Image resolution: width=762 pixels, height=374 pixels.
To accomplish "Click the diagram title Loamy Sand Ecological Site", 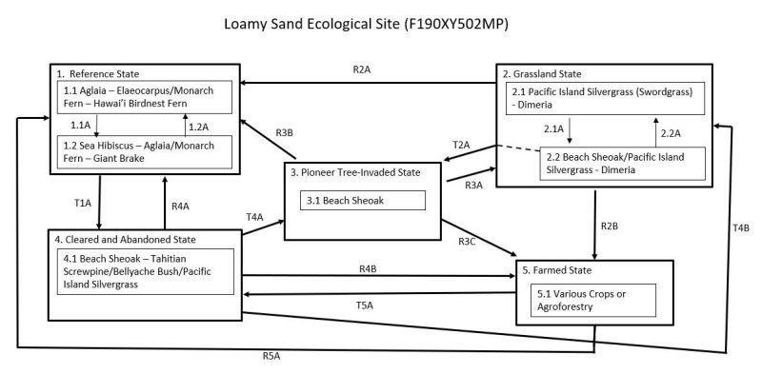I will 380,22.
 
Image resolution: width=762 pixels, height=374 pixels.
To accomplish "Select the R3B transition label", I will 284,131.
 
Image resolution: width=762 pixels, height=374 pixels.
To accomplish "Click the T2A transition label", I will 461,144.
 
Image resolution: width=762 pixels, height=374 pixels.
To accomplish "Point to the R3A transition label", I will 474,186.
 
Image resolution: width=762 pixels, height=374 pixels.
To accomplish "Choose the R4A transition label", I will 180,205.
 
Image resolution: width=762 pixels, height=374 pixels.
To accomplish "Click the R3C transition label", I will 467,241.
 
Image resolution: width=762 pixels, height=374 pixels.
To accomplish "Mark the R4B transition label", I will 370,269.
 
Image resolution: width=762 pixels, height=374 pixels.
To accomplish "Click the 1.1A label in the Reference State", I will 81,125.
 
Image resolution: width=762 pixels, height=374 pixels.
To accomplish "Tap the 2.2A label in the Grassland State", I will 671,132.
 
